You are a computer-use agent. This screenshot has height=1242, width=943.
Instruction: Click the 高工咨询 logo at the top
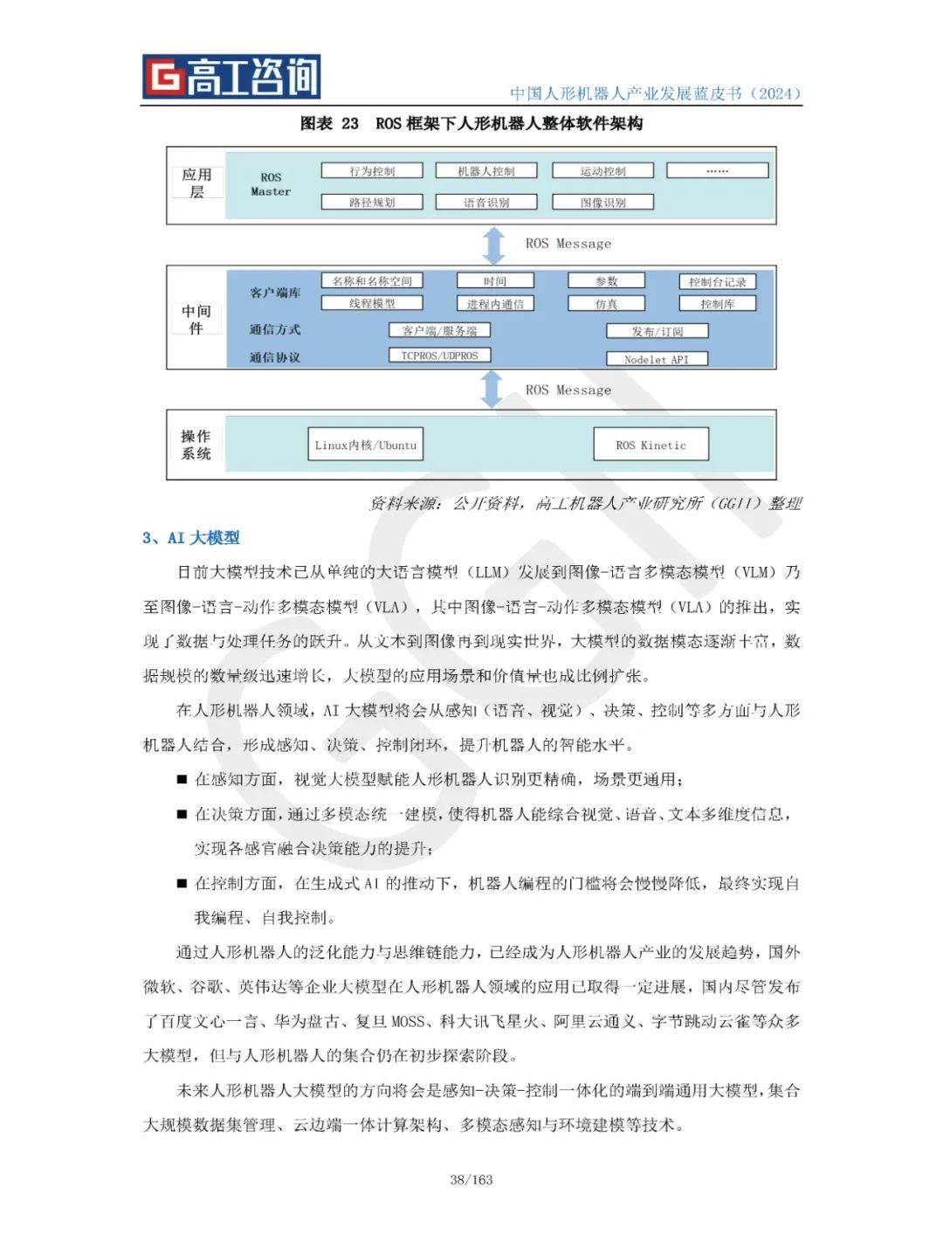[231, 77]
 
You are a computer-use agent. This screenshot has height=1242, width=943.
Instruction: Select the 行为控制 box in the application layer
[372, 171]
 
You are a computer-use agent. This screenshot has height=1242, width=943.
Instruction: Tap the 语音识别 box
[486, 203]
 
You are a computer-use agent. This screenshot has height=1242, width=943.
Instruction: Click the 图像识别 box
[602, 203]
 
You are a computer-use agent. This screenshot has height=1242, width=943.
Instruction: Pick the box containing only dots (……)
[717, 171]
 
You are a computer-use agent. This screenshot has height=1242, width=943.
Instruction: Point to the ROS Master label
[271, 184]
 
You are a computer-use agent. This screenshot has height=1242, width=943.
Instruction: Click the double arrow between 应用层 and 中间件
[494, 245]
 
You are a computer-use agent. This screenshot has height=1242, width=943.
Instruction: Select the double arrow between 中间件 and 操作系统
[492, 389]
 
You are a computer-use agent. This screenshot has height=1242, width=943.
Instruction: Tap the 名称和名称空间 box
[372, 281]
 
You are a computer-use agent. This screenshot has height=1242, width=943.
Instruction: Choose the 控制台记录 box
[717, 282]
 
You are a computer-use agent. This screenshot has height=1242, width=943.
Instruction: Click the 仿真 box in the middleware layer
[606, 304]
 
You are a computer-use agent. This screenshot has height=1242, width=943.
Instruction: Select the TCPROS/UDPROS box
[439, 355]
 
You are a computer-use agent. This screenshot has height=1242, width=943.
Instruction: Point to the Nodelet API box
[657, 359]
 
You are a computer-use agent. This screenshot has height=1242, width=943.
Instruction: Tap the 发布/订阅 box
[657, 331]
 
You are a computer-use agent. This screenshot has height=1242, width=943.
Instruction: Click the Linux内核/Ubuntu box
[366, 445]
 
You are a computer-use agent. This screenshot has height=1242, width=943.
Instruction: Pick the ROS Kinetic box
[650, 445]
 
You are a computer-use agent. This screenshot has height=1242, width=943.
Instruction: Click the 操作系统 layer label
[196, 445]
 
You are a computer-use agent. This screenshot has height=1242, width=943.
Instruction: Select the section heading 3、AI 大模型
[191, 538]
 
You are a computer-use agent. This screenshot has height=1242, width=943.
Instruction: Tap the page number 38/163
[471, 1179]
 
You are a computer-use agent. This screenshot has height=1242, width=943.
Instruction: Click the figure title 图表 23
[329, 124]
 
